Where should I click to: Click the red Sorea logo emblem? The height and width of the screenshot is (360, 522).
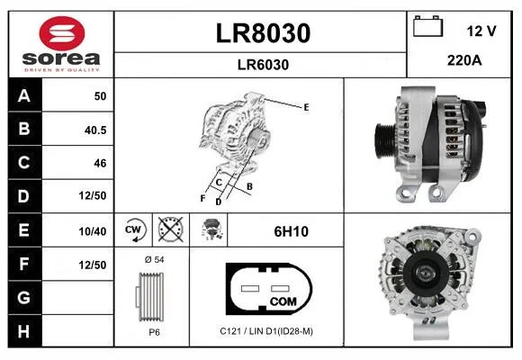pos(62,33)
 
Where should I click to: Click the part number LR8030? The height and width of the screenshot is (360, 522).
pos(263,33)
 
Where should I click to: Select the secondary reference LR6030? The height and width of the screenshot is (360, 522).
pos(263,65)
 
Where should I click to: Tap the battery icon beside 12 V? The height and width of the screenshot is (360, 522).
pos(427,26)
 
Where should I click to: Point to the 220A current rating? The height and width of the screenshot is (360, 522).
pos(464,60)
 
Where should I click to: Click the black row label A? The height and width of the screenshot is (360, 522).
pos(24,95)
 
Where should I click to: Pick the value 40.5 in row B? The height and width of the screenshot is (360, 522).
pos(95,130)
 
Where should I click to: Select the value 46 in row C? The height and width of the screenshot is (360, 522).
pos(100,163)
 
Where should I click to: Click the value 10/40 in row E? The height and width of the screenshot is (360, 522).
pos(93,231)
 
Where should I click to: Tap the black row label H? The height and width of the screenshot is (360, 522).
pos(24,331)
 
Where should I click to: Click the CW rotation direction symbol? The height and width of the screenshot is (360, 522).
pos(134,229)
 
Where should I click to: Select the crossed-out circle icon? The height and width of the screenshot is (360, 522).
pos(170,229)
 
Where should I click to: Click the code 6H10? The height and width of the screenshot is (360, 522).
pos(291,231)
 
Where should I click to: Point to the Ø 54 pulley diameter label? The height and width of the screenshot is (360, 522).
pos(155,259)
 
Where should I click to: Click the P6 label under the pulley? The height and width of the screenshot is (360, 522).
pos(154,332)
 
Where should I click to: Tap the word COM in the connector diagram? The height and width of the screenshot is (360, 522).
pos(283,301)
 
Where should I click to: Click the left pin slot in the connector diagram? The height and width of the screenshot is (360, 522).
pos(250,288)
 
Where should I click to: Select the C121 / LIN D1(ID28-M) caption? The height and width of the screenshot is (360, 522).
pos(266,331)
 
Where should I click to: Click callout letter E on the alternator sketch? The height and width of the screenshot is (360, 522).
pos(306,107)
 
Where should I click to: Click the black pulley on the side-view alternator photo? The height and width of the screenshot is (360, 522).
pos(385,141)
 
